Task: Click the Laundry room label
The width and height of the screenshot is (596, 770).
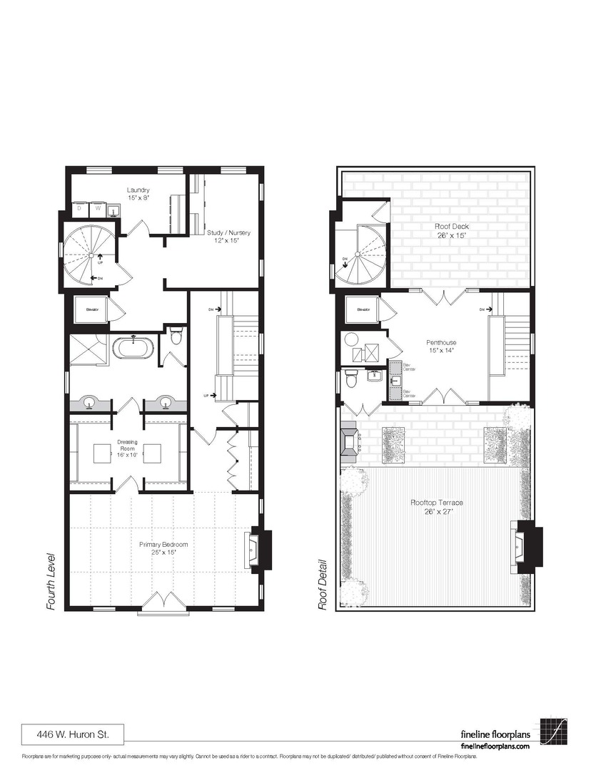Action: point(138,194)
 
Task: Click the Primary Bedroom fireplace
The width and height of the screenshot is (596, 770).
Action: point(256,550)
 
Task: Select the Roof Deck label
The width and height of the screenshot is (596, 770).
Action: point(452,230)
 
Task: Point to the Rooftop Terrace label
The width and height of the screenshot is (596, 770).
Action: point(436,507)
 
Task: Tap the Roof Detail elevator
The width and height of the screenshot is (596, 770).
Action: point(360,310)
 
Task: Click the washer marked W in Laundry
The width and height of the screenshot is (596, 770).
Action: point(96,210)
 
